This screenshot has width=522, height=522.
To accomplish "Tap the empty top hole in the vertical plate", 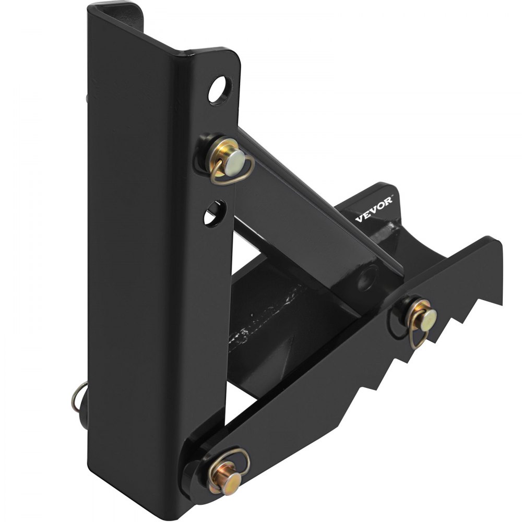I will pyautogui.click(x=220, y=89).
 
